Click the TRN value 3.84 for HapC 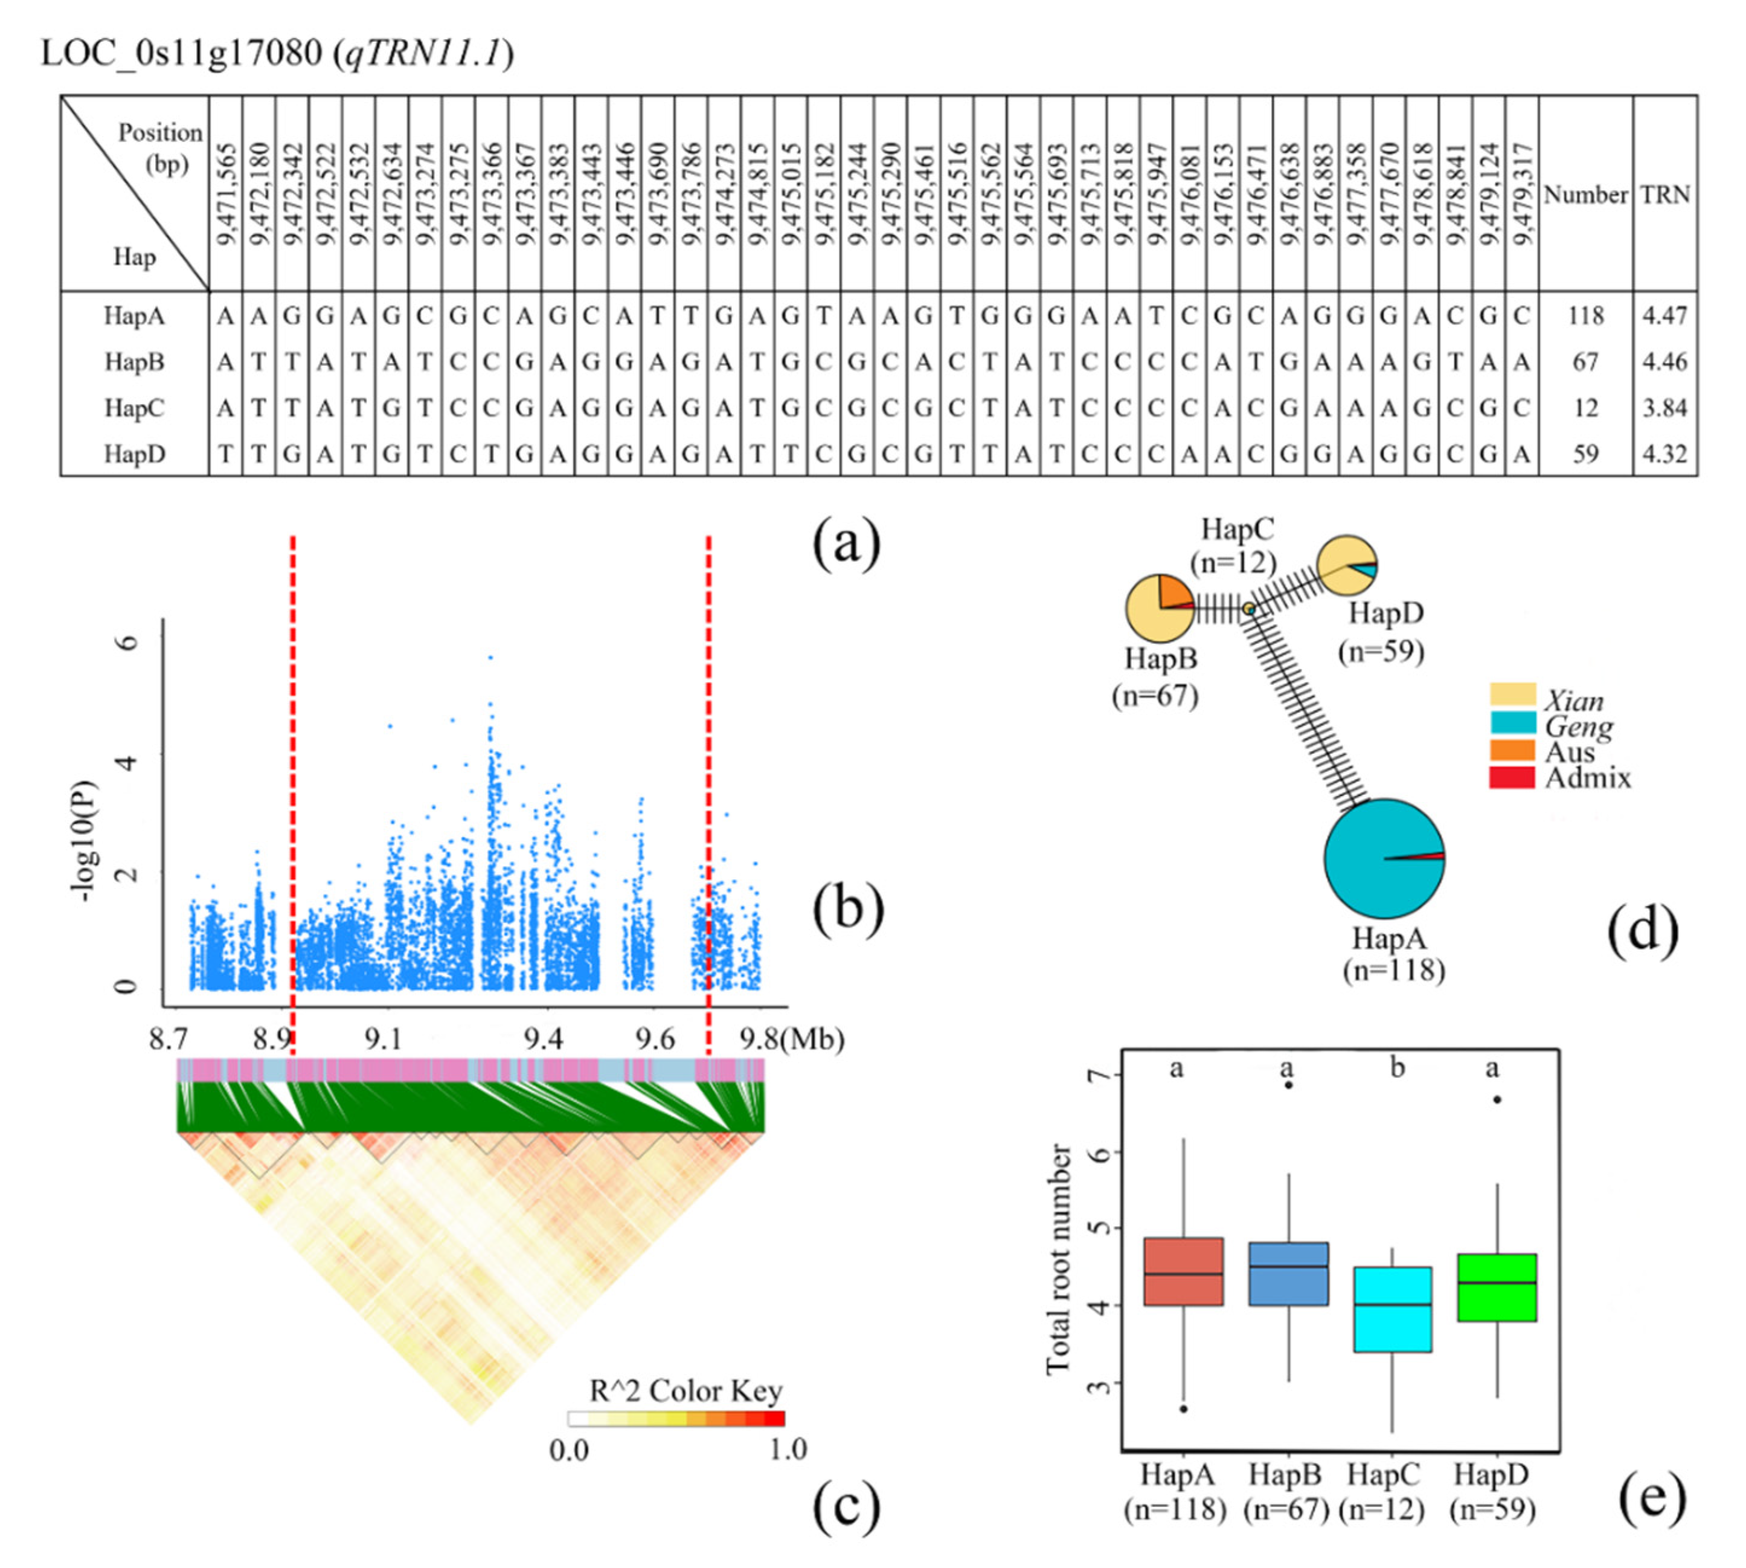coord(1664,408)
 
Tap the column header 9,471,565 coord(226,194)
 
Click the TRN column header coord(1664,194)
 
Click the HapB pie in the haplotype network coord(1160,608)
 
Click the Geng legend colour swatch coord(1512,723)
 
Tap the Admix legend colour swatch coord(1512,777)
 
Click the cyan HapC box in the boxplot coord(1393,1309)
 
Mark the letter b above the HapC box coord(1397,1068)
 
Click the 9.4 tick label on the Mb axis coord(544,1039)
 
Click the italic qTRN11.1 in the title coord(422,53)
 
